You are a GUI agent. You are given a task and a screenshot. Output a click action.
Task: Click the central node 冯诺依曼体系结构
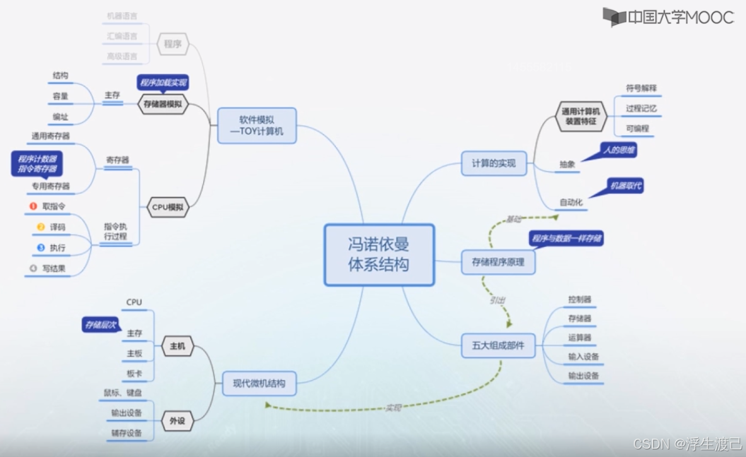tap(379, 254)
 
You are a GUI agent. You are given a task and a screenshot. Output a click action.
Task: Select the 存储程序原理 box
tap(498, 261)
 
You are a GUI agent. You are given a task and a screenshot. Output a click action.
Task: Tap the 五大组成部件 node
tap(498, 345)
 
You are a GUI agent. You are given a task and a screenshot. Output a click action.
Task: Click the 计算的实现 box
tap(494, 163)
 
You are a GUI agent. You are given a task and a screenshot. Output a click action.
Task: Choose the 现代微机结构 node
tap(259, 383)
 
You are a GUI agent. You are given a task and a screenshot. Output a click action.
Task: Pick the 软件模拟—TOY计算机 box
tap(257, 125)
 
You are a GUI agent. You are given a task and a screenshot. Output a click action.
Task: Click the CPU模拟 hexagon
tap(168, 206)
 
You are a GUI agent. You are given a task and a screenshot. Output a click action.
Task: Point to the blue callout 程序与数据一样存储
tap(567, 239)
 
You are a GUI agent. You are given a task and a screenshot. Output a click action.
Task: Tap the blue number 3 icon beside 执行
tap(41, 247)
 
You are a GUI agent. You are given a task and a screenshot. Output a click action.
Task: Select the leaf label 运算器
tap(580, 338)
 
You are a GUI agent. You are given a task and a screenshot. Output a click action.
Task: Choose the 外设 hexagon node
tap(177, 420)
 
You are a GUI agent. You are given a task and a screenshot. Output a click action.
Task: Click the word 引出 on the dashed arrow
tap(497, 300)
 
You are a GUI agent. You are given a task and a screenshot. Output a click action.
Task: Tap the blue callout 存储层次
tap(100, 325)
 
